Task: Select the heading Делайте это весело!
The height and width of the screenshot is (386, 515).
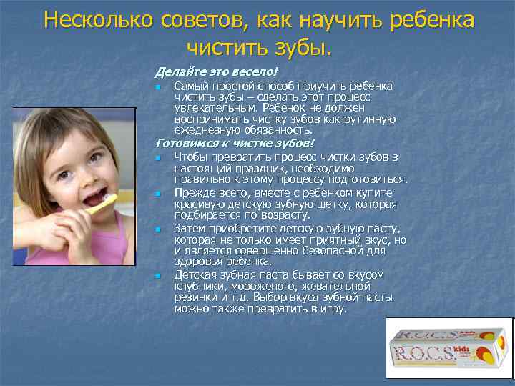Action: pos(215,72)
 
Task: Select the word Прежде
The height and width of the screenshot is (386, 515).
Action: pos(194,192)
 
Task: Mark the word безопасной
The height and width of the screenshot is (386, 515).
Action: pos(337,251)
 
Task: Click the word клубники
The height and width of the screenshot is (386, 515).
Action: pos(201,286)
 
